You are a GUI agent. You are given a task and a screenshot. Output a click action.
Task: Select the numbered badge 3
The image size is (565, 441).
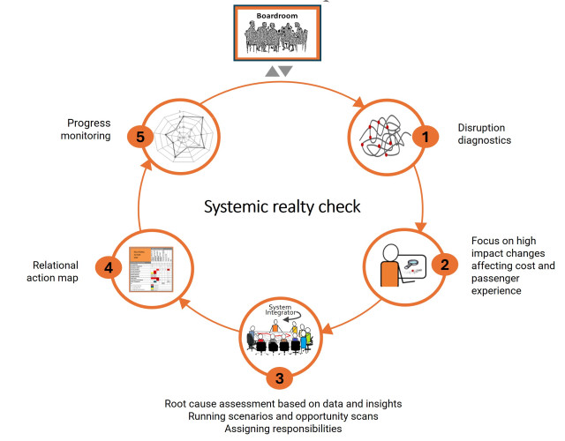280,379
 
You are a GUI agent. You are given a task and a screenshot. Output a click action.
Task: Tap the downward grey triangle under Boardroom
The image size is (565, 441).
285,71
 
